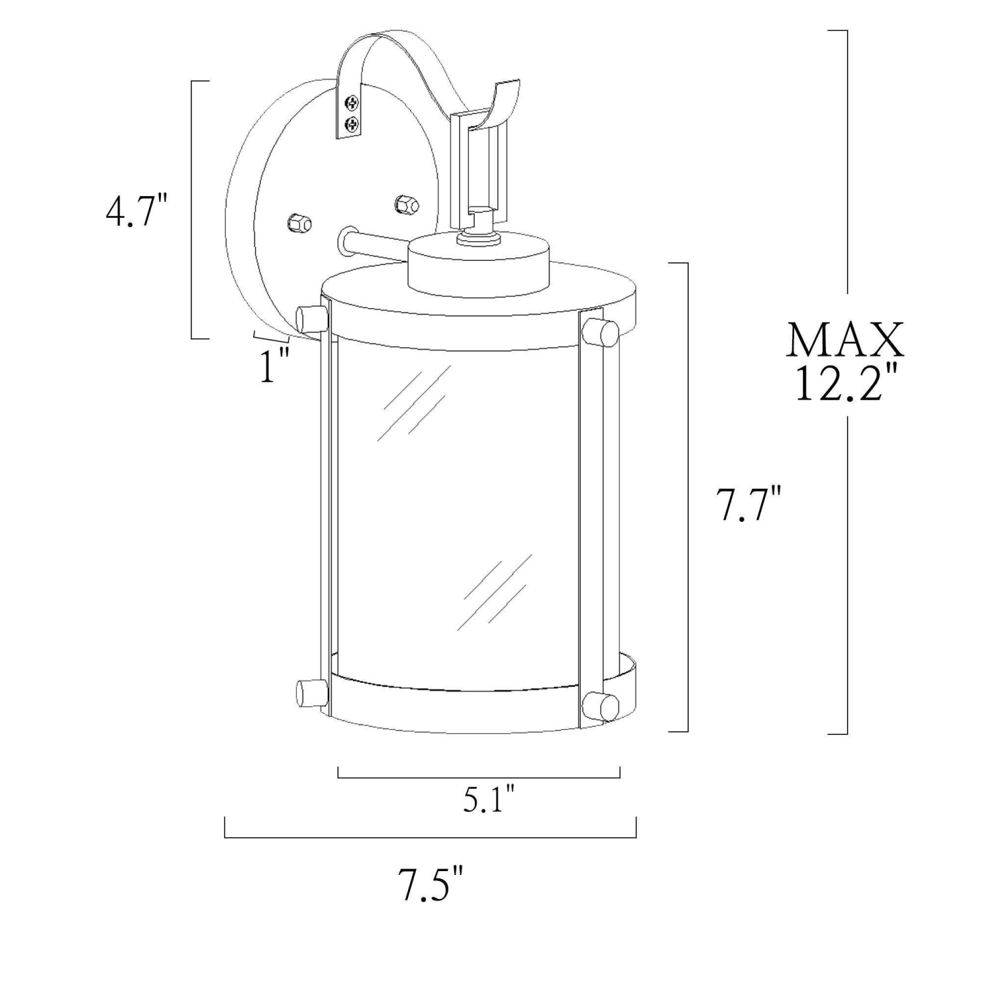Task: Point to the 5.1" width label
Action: [489, 799]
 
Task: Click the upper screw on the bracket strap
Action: [353, 103]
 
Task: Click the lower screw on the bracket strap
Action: [353, 123]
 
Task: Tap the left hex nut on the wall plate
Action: [299, 222]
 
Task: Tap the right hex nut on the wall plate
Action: [405, 204]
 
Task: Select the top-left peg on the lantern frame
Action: [311, 318]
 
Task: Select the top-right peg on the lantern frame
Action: [600, 332]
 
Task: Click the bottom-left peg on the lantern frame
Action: [311, 693]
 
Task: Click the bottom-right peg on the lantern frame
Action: [600, 706]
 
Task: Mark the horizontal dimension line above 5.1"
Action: [479, 778]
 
